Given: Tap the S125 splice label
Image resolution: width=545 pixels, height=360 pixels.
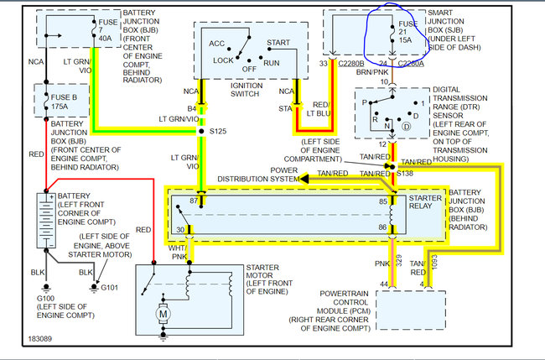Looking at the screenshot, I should (x=217, y=131).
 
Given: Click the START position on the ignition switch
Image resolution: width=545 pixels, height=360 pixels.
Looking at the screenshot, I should (x=278, y=41).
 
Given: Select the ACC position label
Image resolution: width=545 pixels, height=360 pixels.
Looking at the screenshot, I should (x=216, y=42).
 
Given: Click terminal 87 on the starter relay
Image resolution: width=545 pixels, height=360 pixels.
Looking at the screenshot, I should (x=195, y=201).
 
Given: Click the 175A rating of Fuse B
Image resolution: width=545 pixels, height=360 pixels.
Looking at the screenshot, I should (x=60, y=107).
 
